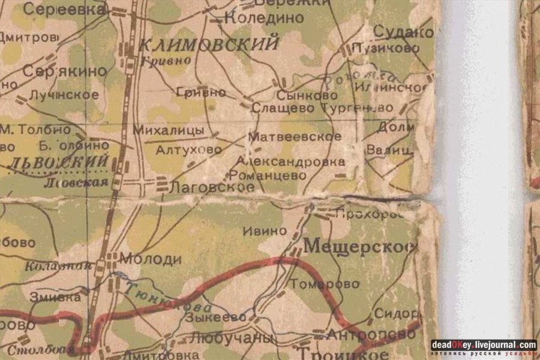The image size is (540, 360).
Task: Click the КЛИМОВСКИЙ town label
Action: tap(209, 45)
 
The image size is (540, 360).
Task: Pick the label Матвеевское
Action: tap(295, 137)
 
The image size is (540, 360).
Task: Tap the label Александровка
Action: tap(290, 161)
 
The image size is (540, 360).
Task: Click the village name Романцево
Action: tap(268, 175)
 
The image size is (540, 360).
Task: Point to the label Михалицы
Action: tap(168, 130)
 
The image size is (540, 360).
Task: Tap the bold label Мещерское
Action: tap(359, 246)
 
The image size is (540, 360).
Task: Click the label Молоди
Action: tap(151, 259)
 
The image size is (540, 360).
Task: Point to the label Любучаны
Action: tap(231, 338)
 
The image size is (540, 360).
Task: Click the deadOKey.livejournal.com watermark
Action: tap(484, 345)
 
